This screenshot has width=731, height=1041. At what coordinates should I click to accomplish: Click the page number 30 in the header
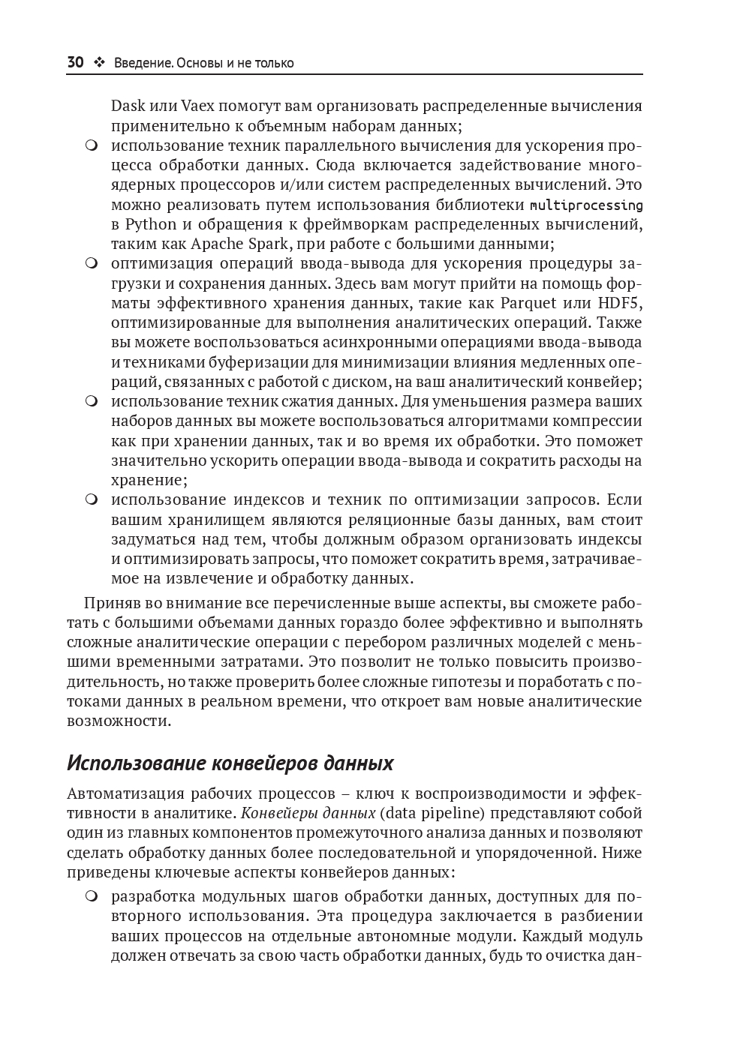75,63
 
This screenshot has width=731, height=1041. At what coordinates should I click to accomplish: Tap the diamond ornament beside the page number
99,63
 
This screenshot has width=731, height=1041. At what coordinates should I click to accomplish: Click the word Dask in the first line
128,106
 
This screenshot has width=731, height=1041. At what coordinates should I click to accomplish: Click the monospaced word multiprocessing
586,205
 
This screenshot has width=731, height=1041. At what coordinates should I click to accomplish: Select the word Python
151,224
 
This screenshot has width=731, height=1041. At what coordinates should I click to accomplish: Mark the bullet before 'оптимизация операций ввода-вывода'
92,264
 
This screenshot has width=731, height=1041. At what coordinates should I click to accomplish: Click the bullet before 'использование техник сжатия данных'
92,401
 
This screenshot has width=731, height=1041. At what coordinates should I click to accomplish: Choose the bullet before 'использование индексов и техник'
92,500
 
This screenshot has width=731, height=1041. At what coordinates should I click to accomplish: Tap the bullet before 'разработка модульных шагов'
92,897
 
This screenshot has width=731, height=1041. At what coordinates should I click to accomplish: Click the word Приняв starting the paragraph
110,603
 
